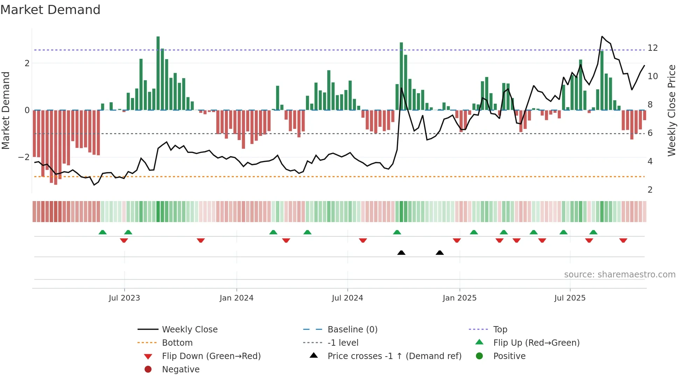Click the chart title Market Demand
(50, 10)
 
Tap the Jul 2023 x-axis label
(124, 298)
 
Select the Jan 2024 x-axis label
(236, 298)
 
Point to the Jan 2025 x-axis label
(459, 298)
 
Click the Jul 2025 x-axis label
(570, 298)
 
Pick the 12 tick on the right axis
(652, 48)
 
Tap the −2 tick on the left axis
(24, 157)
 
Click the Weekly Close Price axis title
(671, 110)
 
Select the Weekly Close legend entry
(189, 330)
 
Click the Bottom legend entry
(177, 343)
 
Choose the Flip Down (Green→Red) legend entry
(211, 356)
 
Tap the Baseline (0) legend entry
(352, 330)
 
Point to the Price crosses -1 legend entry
(394, 356)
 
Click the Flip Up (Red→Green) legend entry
(536, 343)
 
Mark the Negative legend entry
(181, 370)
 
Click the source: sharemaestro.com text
(619, 275)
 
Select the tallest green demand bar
(158, 74)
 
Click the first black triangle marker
(401, 253)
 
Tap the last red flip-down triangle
(623, 240)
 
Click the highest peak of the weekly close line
(602, 36)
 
